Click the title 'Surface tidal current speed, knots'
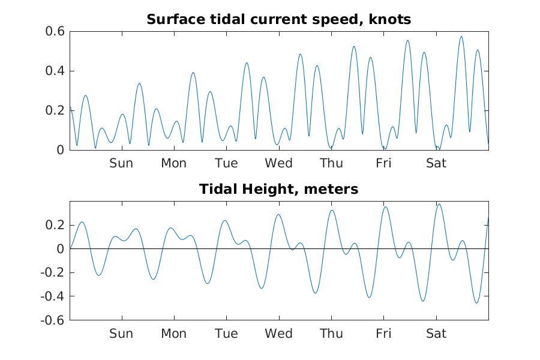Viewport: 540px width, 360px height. click(278, 20)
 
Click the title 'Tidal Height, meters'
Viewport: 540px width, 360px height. click(278, 190)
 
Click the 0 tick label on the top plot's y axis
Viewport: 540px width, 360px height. click(60, 150)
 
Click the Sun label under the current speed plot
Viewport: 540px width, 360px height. click(121, 163)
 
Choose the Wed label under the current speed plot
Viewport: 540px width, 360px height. click(278, 163)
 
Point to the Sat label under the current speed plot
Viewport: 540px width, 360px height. click(436, 163)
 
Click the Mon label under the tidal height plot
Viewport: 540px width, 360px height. click(173, 334)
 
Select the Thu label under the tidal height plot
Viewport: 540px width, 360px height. click(331, 334)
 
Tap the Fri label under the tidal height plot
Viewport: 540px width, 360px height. click(383, 334)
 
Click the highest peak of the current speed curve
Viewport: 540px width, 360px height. click(461, 37)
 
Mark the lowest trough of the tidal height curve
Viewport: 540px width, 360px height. click(477, 303)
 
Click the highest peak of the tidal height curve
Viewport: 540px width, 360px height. click(439, 204)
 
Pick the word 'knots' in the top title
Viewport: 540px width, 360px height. click(391, 20)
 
